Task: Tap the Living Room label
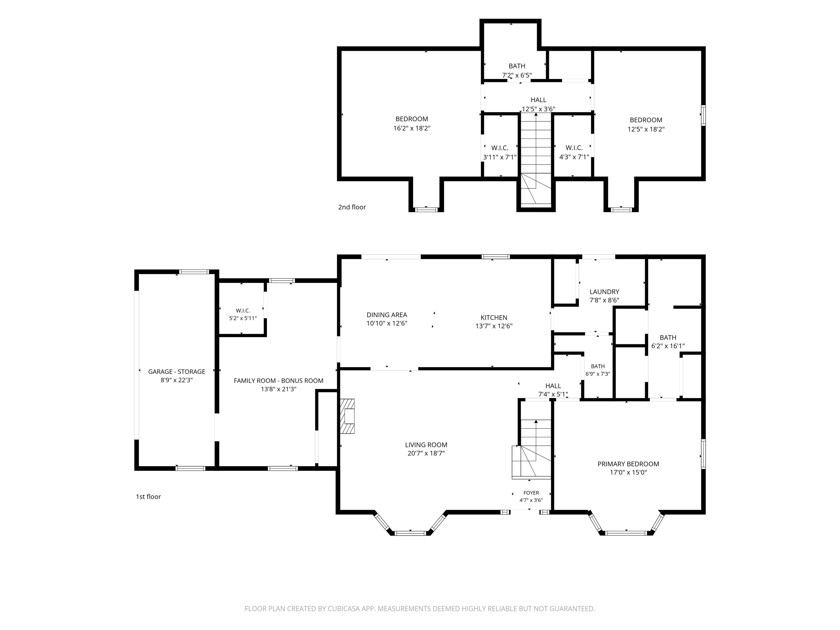(x=426, y=445)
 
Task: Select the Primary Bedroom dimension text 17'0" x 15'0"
(x=628, y=472)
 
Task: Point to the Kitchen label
(x=494, y=317)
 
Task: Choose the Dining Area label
(x=387, y=315)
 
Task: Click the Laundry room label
(x=604, y=292)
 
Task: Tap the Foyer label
(x=531, y=493)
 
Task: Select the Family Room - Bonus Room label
(x=278, y=381)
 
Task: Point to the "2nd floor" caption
(x=352, y=207)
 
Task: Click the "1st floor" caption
(x=148, y=497)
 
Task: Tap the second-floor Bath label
(x=517, y=66)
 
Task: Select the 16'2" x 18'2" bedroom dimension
(x=412, y=128)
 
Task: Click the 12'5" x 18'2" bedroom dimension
(x=646, y=129)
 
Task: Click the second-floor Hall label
(x=538, y=100)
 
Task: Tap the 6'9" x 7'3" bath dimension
(x=598, y=374)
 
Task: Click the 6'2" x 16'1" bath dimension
(x=668, y=346)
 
